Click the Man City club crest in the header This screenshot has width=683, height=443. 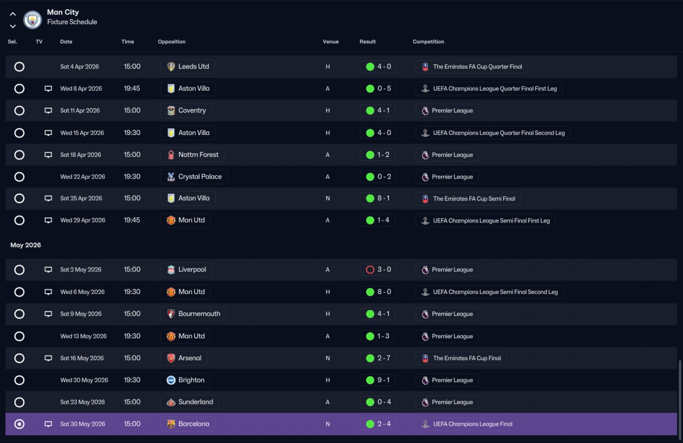click(x=33, y=20)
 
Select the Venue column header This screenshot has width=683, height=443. click(x=330, y=42)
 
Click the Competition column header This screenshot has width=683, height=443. click(x=428, y=42)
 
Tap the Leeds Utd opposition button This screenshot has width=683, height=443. click(x=187, y=67)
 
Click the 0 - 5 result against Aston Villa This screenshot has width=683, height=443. click(x=378, y=89)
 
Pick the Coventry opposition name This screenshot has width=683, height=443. click(x=192, y=110)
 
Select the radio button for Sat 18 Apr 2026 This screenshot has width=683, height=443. click(x=19, y=155)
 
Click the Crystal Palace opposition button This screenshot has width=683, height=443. click(x=194, y=177)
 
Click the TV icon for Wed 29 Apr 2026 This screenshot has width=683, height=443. click(x=48, y=220)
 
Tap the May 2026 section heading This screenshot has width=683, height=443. click(x=26, y=245)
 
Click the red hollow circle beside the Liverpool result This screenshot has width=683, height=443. click(x=370, y=270)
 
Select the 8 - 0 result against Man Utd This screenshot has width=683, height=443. click(x=378, y=292)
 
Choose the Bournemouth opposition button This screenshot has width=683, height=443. click(x=193, y=314)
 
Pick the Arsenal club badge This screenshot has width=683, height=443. click(x=171, y=358)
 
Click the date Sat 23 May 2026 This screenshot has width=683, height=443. click(x=82, y=402)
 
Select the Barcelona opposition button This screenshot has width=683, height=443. click(x=187, y=424)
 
